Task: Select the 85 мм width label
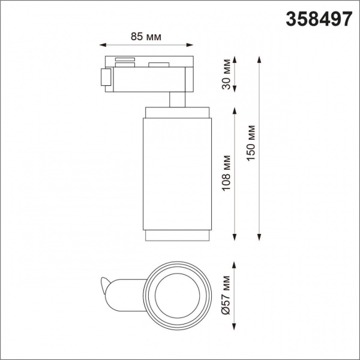point(145,37)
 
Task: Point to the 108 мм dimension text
point(226,173)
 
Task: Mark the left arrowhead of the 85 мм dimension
point(102,45)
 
